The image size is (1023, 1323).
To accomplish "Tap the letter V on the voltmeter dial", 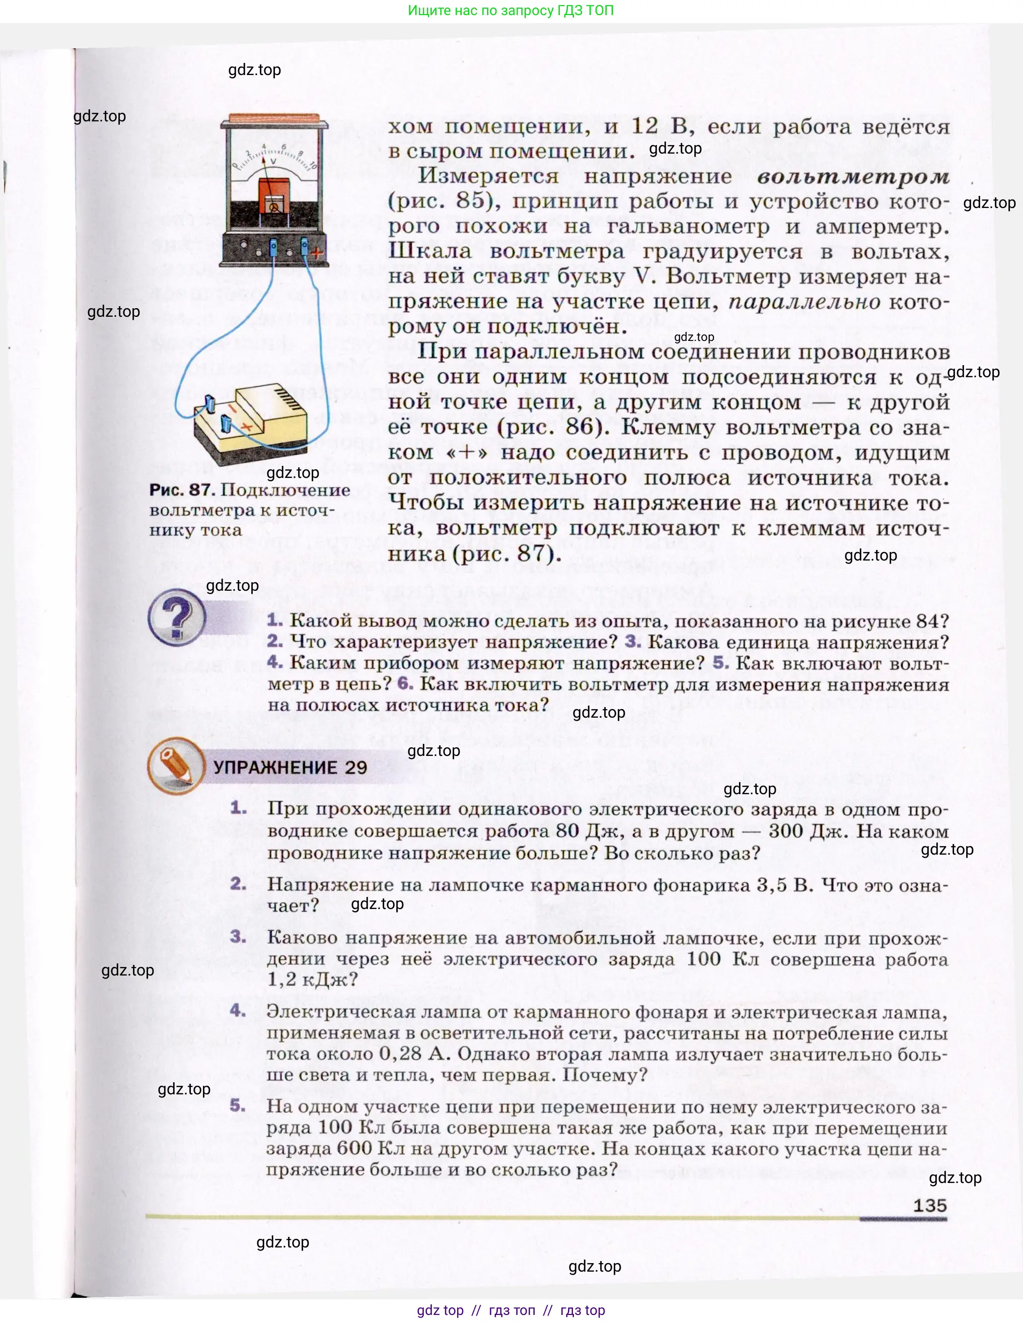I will pos(273,161).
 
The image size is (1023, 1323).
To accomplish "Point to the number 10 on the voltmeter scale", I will pos(313,165).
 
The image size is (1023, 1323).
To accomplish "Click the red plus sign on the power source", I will pos(247,427).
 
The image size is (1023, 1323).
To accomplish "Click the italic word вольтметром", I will pos(853,176).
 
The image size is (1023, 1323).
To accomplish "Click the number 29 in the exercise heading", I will pos(356,768).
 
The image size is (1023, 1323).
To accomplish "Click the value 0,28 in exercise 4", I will pos(400,1054).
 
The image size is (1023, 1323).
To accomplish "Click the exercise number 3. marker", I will pos(238,937).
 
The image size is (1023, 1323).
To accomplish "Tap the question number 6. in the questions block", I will pos(405,683).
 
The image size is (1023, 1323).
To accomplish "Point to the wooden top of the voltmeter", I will pos(274,117).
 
